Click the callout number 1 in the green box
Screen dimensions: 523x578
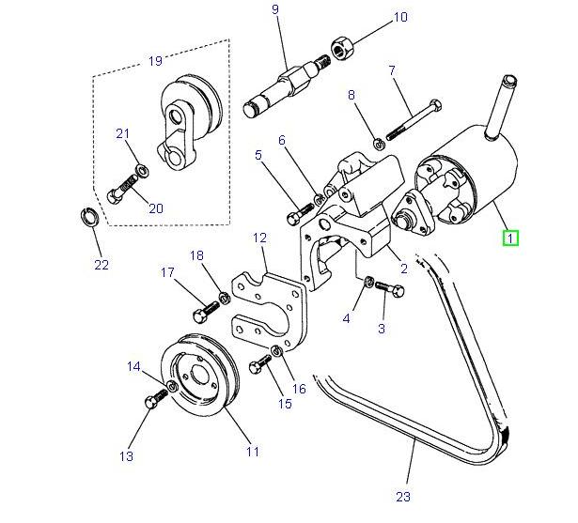click(509, 238)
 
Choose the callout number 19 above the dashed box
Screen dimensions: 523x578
click(156, 61)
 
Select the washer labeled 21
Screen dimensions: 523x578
click(139, 169)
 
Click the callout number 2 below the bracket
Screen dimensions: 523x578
click(403, 269)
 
